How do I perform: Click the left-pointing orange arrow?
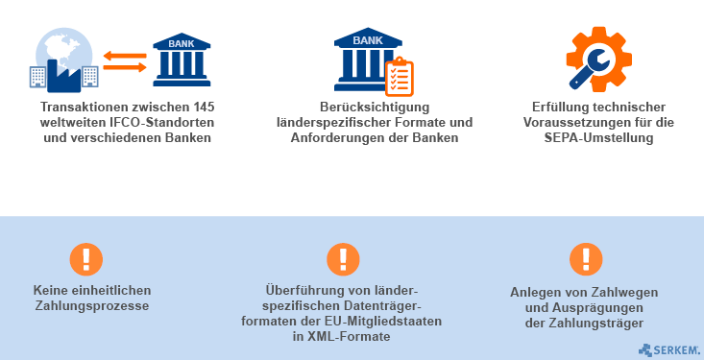[125, 56]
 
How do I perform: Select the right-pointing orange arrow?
[125, 68]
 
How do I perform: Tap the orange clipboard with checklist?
[400, 77]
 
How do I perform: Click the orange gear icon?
[599, 60]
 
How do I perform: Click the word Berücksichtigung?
[375, 108]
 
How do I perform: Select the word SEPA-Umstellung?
[598, 138]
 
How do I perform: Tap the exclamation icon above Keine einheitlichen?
[86, 259]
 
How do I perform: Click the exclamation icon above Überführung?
[343, 259]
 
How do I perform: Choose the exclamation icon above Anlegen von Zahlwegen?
[586, 259]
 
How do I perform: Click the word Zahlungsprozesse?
[91, 306]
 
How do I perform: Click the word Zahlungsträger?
[595, 324]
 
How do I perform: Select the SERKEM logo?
[669, 349]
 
